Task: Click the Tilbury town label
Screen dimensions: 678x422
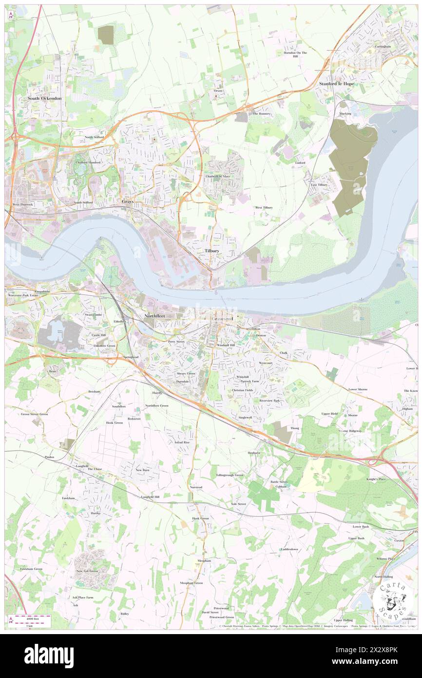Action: click(211, 250)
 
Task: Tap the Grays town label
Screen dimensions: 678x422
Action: click(128, 201)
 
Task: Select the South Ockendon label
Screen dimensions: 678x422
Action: click(44, 99)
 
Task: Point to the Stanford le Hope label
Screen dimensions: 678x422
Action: click(337, 84)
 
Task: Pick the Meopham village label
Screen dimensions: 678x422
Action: click(204, 561)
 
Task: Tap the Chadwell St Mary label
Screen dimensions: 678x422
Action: click(218, 176)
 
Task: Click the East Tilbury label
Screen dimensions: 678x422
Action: click(320, 185)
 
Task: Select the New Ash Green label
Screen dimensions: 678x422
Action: click(87, 571)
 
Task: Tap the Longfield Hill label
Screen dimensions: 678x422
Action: click(150, 497)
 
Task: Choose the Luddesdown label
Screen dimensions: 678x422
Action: click(289, 549)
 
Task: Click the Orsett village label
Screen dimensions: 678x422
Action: click(217, 91)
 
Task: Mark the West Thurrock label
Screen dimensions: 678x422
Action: click(22, 204)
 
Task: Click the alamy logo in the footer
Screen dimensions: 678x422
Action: click(49, 656)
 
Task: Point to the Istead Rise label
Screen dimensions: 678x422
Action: click(182, 442)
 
